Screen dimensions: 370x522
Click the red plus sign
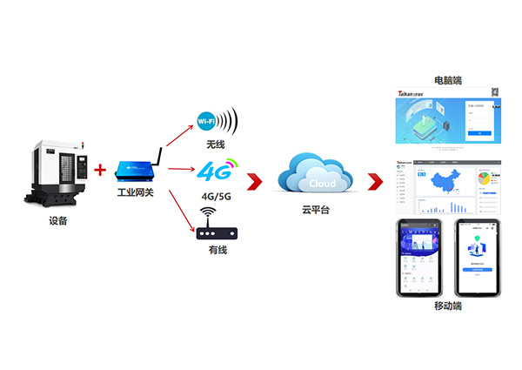[100, 169]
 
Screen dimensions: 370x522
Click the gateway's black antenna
[157, 157]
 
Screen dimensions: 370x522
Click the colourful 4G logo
[215, 168]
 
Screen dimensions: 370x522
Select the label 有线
[217, 251]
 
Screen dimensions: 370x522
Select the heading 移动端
[447, 306]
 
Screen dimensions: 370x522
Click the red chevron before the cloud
[254, 181]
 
